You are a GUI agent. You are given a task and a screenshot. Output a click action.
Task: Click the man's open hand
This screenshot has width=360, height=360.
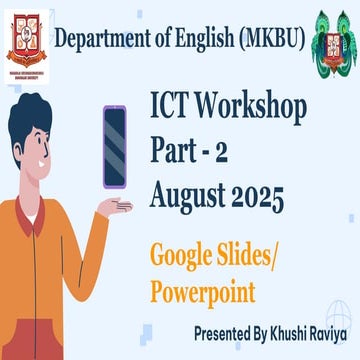pos(115,207)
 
